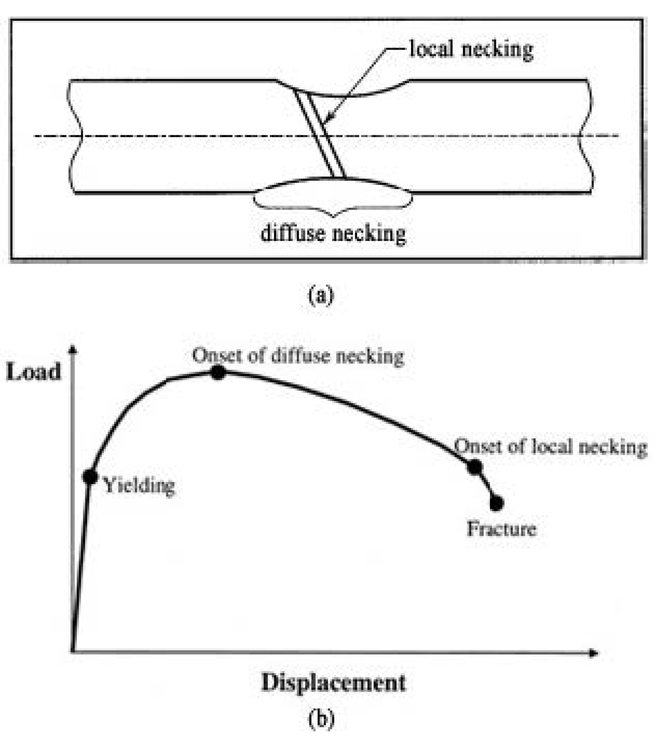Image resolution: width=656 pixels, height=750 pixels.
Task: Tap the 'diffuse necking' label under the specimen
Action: click(333, 233)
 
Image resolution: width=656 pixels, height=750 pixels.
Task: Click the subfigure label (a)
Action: click(321, 295)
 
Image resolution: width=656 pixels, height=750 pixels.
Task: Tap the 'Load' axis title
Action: click(34, 372)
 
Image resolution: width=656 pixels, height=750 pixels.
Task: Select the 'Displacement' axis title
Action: click(333, 683)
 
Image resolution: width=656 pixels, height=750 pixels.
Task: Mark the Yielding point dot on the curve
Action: click(90, 477)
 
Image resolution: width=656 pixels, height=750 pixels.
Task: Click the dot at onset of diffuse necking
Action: click(218, 372)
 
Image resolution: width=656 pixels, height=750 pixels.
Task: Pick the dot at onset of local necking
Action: click(475, 467)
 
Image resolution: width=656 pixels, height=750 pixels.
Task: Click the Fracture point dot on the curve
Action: click(496, 503)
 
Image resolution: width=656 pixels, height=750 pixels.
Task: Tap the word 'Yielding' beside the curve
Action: click(139, 486)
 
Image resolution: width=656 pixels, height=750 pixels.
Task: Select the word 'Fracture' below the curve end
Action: click(501, 529)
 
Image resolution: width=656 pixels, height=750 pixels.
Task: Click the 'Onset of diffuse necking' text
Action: click(298, 356)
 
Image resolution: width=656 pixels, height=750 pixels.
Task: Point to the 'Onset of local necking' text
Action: click(550, 447)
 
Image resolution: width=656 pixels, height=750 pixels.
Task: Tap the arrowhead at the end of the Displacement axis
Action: click(594, 653)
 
